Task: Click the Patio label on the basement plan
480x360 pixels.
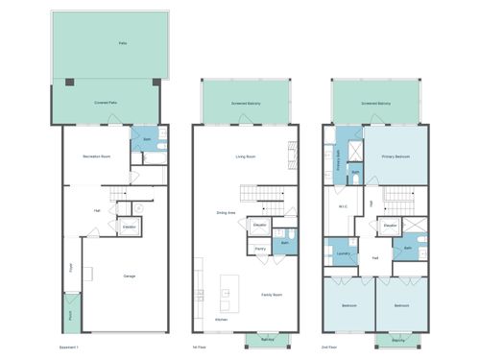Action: [122, 44]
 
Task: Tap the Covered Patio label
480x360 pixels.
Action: [106, 102]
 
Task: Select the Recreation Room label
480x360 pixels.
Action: [93, 154]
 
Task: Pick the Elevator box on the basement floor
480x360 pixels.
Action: [129, 227]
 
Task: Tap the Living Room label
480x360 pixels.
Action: [245, 156]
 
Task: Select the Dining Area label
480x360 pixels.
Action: [227, 212]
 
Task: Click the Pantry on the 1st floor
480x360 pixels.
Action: [260, 249]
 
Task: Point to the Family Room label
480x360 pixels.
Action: [272, 295]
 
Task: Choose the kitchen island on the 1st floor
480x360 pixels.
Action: [228, 289]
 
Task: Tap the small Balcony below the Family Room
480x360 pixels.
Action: [267, 339]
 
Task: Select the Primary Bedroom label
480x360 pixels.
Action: [396, 156]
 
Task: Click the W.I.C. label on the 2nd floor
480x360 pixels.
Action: [343, 207]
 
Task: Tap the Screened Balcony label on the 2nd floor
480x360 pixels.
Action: [375, 102]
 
